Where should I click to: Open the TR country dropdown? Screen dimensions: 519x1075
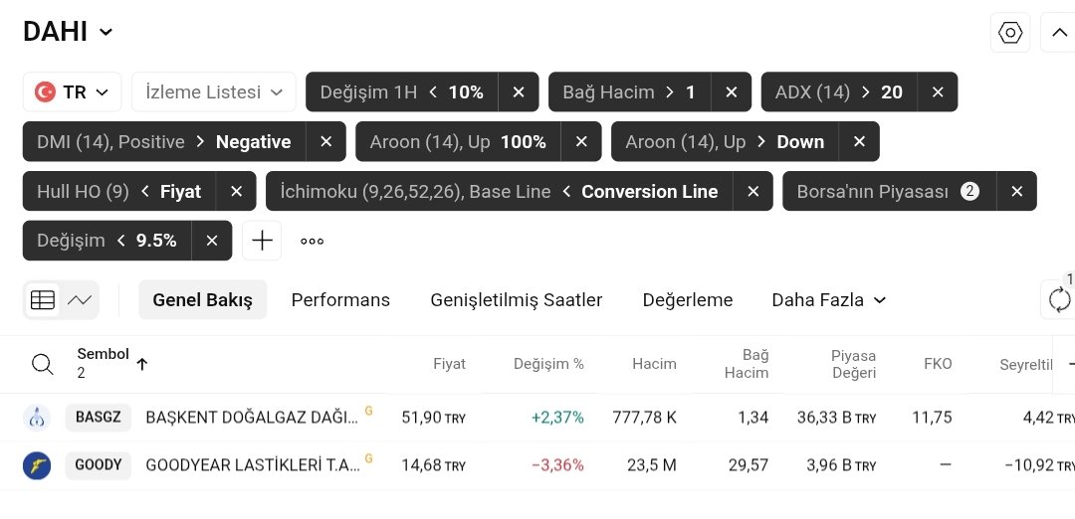[x=73, y=91]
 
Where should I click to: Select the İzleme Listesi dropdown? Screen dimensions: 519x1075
[x=214, y=91]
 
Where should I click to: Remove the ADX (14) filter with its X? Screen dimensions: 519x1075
[x=937, y=91]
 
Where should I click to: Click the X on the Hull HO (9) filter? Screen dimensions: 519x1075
[x=236, y=191]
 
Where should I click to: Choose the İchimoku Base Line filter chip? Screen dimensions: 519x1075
[x=499, y=191]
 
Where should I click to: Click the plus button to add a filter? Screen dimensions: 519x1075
[x=262, y=241]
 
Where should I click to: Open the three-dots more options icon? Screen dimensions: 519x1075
[x=313, y=241]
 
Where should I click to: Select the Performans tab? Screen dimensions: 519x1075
[x=340, y=299]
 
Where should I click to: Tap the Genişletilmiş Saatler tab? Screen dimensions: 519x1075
[x=516, y=299]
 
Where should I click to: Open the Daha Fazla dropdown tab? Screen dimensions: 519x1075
[x=828, y=299]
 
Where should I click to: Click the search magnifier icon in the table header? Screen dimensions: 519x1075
[x=43, y=364]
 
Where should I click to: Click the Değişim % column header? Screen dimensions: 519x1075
[x=548, y=364]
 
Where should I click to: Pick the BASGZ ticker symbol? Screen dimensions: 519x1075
[x=99, y=418]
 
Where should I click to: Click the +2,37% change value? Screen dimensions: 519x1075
[x=557, y=418]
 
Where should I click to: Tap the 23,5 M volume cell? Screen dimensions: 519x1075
[x=654, y=464]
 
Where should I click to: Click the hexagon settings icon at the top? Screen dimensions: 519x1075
[x=1010, y=32]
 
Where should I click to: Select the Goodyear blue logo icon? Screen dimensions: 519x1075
[x=37, y=464]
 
